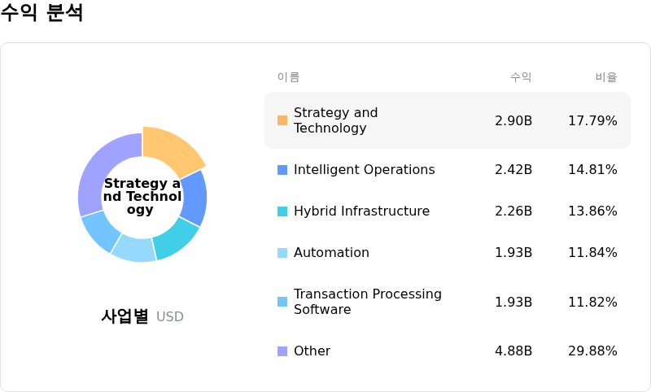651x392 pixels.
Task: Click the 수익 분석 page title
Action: pyautogui.click(x=42, y=13)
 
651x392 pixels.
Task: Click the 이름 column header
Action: pyautogui.click(x=288, y=77)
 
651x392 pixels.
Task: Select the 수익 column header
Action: pyautogui.click(x=521, y=77)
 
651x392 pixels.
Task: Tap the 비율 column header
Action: pyautogui.click(x=606, y=77)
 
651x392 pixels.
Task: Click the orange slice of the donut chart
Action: pyautogui.click(x=173, y=150)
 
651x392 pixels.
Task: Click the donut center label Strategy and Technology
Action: pyautogui.click(x=142, y=197)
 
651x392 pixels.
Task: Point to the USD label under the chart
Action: pyautogui.click(x=170, y=317)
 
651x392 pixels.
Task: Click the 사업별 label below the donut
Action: pyautogui.click(x=125, y=316)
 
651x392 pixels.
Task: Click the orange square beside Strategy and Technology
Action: pyautogui.click(x=282, y=120)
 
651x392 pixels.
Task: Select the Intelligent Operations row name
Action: pyautogui.click(x=364, y=170)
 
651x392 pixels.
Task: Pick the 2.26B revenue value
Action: pyautogui.click(x=513, y=211)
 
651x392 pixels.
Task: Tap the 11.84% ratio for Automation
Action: pyautogui.click(x=592, y=253)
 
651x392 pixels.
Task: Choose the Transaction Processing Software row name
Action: pyautogui.click(x=368, y=302)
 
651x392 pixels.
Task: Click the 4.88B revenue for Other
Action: pyautogui.click(x=513, y=351)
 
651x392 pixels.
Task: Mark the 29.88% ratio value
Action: pyautogui.click(x=592, y=351)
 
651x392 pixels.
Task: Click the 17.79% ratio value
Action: pyautogui.click(x=592, y=121)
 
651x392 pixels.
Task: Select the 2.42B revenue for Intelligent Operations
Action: pyautogui.click(x=513, y=170)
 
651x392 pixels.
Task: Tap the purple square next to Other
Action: pyautogui.click(x=282, y=351)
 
